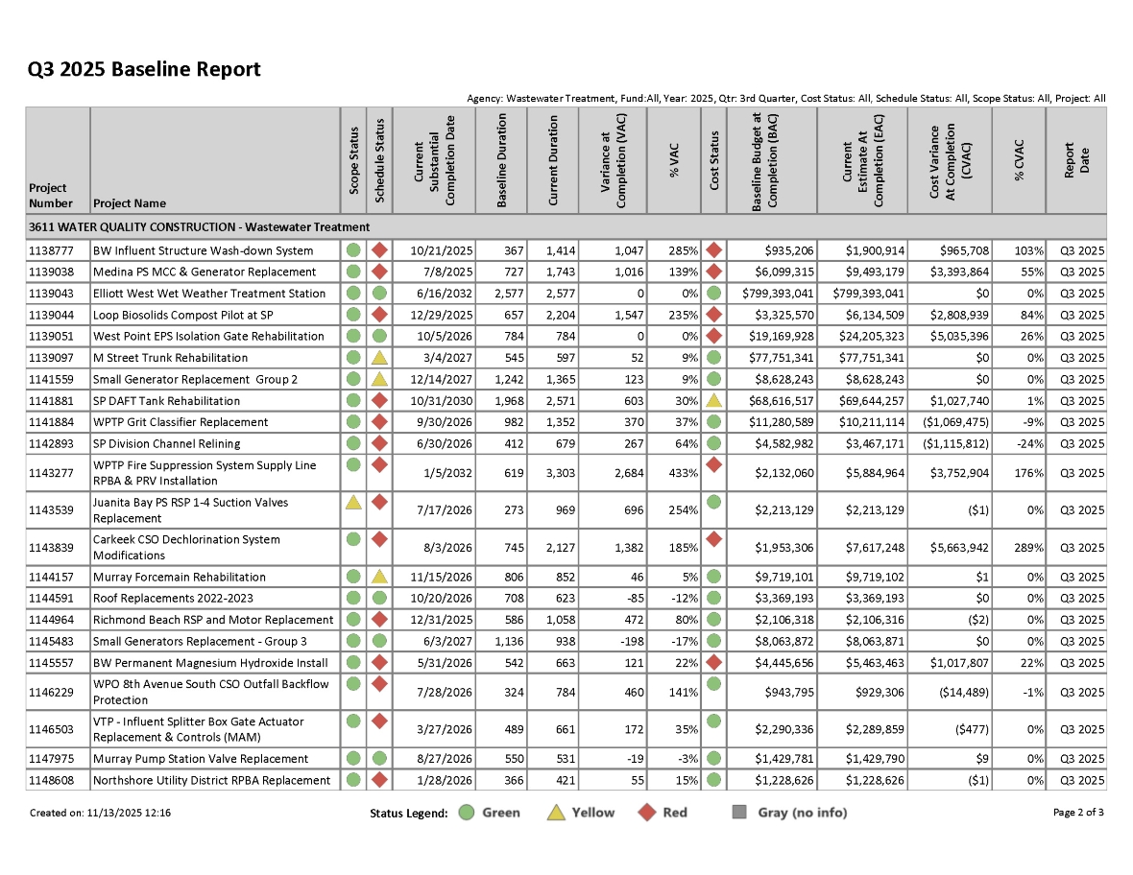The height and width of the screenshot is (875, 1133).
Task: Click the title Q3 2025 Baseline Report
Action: point(144,69)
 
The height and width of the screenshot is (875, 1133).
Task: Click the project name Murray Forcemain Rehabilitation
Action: point(180,578)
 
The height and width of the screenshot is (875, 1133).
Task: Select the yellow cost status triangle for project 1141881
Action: point(713,400)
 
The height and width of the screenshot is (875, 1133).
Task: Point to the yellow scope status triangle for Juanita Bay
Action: point(353,502)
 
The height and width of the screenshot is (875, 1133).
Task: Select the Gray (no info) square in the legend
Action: point(739,813)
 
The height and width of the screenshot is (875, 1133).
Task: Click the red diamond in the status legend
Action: point(648,813)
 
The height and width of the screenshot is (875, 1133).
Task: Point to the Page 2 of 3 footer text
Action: point(1078,813)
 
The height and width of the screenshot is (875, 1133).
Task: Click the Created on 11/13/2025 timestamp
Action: point(101,813)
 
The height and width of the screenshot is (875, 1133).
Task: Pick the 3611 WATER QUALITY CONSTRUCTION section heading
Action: point(199,227)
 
